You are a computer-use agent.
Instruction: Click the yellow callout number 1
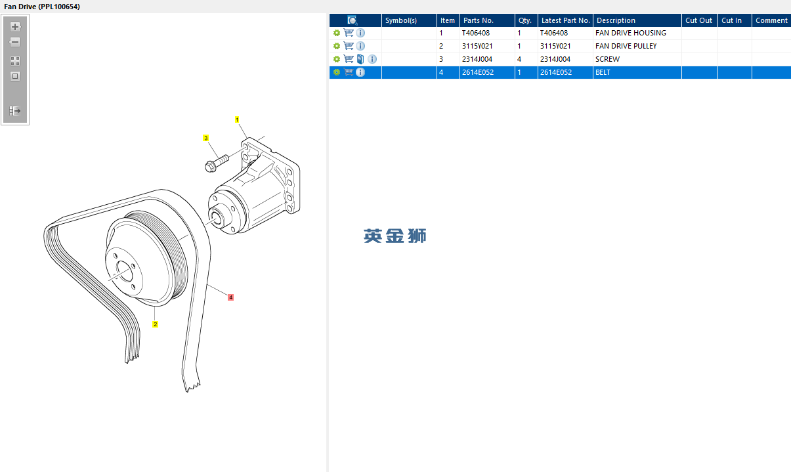[x=237, y=119]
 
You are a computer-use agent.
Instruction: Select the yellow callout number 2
[x=155, y=324]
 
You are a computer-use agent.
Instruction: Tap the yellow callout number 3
[x=206, y=138]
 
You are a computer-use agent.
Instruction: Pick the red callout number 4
[x=230, y=297]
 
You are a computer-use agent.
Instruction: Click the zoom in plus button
[x=15, y=27]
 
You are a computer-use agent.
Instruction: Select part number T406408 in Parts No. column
[x=476, y=33]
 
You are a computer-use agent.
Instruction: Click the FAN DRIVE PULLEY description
[x=626, y=46]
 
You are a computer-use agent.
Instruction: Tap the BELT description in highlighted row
[x=603, y=72]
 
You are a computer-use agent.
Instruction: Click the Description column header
[x=616, y=20]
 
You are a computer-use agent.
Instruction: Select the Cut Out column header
[x=698, y=20]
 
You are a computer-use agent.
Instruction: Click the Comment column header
[x=771, y=20]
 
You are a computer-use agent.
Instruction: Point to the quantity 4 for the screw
[x=519, y=59]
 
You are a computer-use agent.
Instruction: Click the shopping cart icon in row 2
[x=349, y=46]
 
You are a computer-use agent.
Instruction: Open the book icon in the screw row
[x=360, y=59]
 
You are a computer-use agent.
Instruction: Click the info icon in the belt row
[x=360, y=72]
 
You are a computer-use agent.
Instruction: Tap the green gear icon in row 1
[x=337, y=33]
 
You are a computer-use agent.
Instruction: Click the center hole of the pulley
[x=124, y=271]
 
